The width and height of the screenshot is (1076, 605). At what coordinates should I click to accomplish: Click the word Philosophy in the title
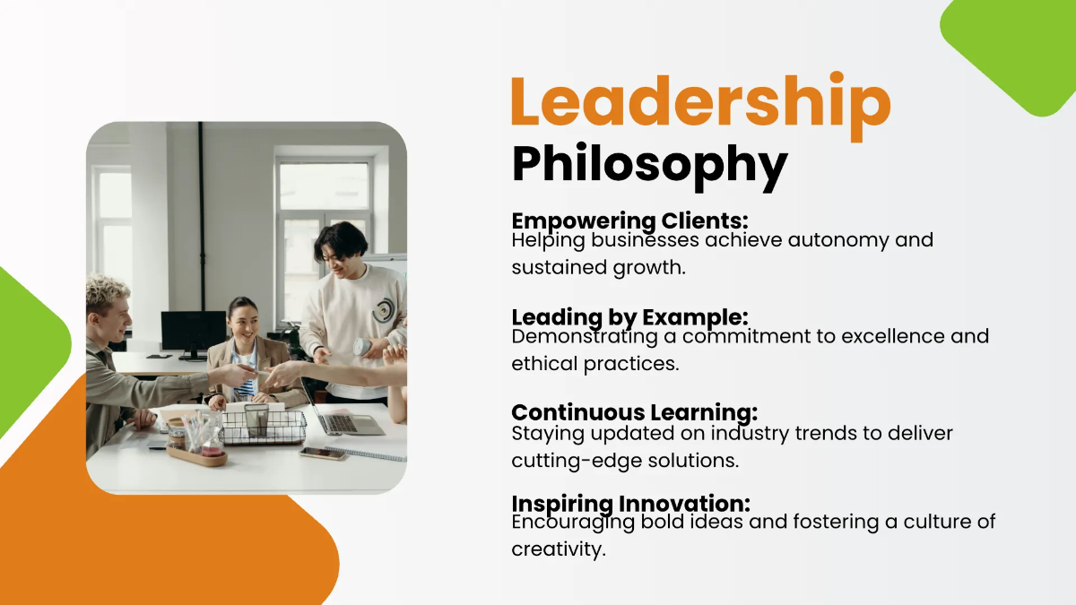coord(649,165)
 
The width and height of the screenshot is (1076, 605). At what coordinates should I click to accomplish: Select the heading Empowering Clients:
coord(629,220)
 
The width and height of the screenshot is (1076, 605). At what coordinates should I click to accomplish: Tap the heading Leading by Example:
coord(629,317)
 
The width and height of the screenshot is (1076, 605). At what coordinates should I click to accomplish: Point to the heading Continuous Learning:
coord(634,412)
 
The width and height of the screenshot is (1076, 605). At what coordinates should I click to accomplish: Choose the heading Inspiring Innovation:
coord(630,504)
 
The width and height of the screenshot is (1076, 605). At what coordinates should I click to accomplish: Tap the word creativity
coord(559,549)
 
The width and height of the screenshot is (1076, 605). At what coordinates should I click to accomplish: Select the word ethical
coord(541,364)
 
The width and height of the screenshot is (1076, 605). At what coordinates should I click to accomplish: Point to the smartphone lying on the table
coord(322,454)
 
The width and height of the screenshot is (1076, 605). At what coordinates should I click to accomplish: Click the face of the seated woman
coord(241,318)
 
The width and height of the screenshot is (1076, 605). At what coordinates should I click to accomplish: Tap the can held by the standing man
coord(360,346)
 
